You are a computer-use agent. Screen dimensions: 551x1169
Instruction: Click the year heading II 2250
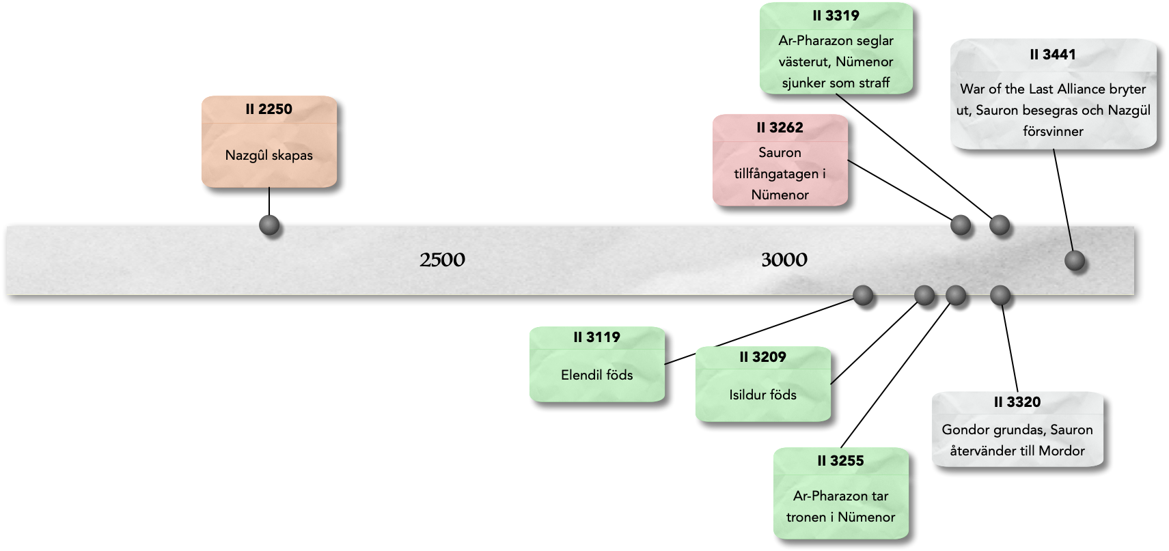(269, 109)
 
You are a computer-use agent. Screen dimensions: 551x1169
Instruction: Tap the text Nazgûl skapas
(269, 155)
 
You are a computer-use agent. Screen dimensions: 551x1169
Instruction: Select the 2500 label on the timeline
(442, 260)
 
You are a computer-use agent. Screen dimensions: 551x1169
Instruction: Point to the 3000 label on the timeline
(784, 260)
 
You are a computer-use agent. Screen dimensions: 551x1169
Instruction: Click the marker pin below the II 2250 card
(270, 225)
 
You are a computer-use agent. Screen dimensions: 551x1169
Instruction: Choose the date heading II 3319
(836, 16)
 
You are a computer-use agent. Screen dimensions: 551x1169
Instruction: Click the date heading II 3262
(780, 128)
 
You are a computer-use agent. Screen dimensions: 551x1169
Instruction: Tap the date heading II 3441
(1053, 55)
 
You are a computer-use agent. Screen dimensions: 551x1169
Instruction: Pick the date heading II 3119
(596, 337)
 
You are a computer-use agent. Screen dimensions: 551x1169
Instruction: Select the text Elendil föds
(596, 375)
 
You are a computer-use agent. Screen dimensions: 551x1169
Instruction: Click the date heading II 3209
(762, 357)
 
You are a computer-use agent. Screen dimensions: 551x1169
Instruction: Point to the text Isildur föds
(762, 395)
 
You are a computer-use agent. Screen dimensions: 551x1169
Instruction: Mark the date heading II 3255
(840, 461)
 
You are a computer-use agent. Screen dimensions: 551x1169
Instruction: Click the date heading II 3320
(1017, 403)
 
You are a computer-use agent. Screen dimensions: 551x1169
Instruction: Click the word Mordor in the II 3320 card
(1061, 451)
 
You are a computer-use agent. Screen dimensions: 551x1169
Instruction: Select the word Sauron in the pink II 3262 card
(780, 152)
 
